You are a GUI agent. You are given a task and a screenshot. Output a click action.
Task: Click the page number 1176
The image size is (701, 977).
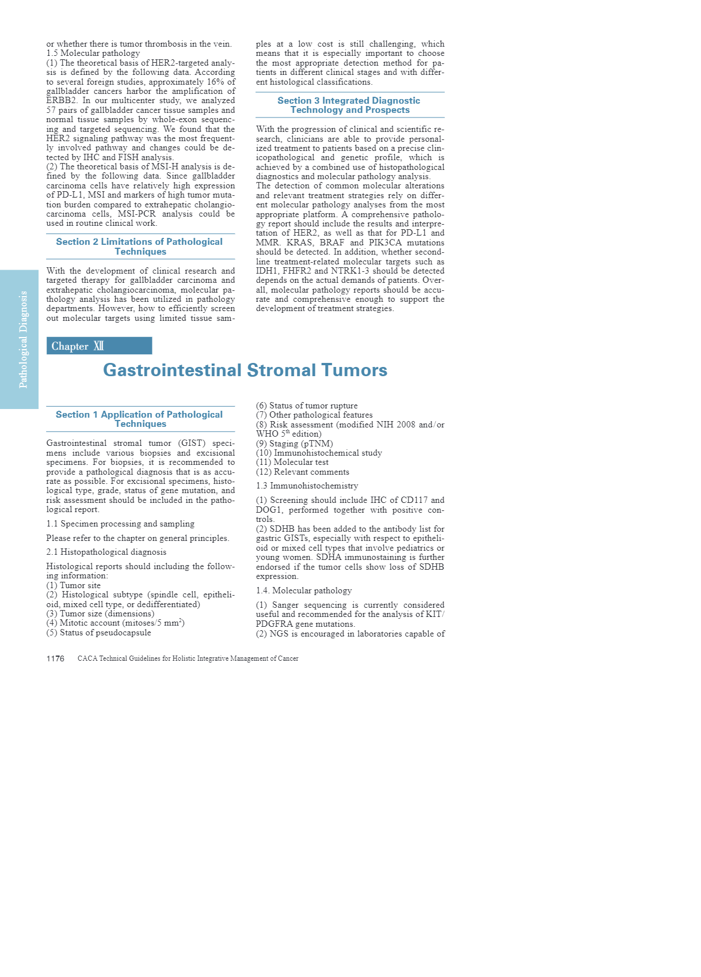tap(55, 658)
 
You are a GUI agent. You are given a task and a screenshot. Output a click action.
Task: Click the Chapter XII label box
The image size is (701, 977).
tap(99, 346)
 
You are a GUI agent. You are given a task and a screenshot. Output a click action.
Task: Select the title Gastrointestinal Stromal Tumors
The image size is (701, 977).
tap(245, 370)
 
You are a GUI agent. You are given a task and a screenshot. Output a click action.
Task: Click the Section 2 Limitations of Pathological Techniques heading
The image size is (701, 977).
tap(140, 247)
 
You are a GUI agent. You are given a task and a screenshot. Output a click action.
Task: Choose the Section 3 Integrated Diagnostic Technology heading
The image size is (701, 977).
tap(349, 105)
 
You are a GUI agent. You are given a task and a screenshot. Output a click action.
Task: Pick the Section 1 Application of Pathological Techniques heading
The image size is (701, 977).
tap(140, 419)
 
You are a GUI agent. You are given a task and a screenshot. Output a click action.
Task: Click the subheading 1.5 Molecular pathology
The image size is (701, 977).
tap(93, 53)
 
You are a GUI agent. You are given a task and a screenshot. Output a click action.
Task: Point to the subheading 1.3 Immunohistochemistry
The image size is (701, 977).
tap(307, 486)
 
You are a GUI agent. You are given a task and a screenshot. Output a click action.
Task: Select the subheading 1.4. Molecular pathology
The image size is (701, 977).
tap(304, 590)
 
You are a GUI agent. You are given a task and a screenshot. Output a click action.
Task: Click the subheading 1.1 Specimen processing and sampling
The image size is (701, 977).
tap(120, 524)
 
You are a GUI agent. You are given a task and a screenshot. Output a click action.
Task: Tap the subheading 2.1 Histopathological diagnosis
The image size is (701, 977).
tap(106, 552)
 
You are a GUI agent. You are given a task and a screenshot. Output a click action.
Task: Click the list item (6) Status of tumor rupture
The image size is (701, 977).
tap(307, 406)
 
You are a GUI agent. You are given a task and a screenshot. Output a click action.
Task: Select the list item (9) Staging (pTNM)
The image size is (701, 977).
tap(294, 444)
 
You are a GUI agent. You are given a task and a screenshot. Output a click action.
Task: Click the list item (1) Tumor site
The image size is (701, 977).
tap(74, 585)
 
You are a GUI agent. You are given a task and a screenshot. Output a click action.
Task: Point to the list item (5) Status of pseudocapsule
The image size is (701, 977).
tap(98, 633)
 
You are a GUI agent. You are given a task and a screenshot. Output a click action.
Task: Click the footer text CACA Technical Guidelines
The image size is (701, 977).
tap(188, 658)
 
